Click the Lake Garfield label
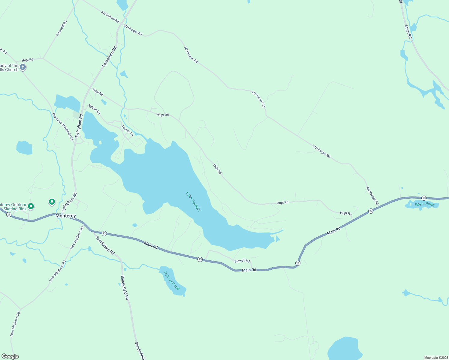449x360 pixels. [193, 202]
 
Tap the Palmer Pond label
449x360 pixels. [172, 281]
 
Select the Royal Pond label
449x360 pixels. [425, 204]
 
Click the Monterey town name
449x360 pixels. [66, 216]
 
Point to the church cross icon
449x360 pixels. [23, 67]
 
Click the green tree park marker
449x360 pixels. [52, 202]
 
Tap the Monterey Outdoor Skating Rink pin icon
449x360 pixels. [31, 206]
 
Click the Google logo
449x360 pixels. [10, 356]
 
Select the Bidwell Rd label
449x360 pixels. [242, 261]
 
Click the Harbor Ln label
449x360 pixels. [128, 131]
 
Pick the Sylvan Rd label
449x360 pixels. [94, 109]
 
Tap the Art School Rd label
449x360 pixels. [110, 17]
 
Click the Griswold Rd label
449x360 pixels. [61, 28]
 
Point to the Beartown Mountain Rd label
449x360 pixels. [63, 127]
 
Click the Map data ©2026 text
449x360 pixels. [436, 358]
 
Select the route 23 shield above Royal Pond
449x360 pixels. [424, 198]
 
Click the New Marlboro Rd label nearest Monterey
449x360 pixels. [77, 238]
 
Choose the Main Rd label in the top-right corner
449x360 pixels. [408, 32]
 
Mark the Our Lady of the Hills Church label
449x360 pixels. [9, 67]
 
